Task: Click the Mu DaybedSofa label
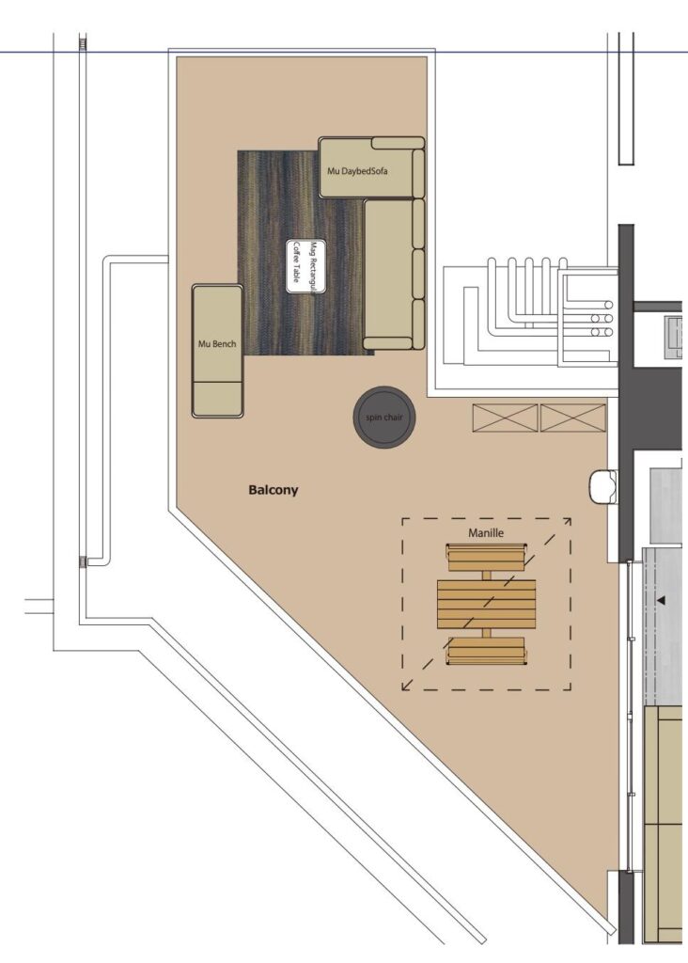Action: [357, 171]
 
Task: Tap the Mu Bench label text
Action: [217, 344]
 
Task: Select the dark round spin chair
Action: [384, 418]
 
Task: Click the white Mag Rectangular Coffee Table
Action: [305, 266]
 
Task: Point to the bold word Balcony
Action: [274, 490]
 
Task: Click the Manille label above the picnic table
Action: [486, 533]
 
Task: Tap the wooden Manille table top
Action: [486, 605]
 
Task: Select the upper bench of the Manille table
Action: [486, 558]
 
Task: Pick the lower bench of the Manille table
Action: [486, 652]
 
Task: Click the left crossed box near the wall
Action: [505, 418]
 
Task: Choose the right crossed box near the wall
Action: [572, 418]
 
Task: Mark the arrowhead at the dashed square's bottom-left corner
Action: [406, 686]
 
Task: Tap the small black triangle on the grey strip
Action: [661, 600]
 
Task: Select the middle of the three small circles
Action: [601, 319]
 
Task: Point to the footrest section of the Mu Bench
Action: [217, 399]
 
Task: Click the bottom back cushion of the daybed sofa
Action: [418, 324]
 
